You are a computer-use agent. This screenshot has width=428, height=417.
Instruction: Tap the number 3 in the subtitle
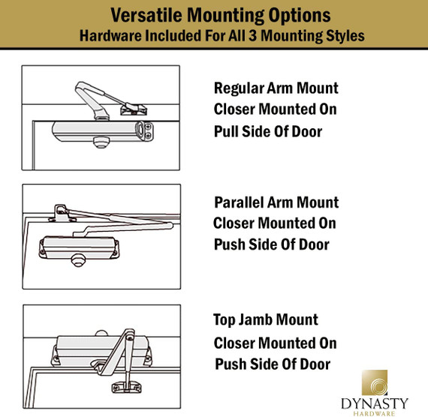pyautogui.click(x=254, y=35)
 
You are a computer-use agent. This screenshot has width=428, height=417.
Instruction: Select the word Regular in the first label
pyautogui.click(x=237, y=88)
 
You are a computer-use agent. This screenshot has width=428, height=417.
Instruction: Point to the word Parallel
pyautogui.click(x=239, y=202)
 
